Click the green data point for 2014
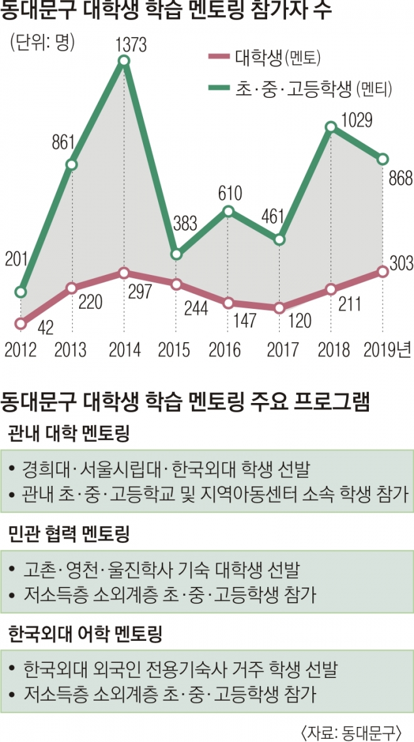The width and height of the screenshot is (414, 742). coord(124,61)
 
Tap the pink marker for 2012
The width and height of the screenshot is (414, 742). coord(21,324)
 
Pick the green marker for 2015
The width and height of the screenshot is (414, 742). coord(177,254)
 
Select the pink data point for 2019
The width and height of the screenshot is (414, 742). coord(382,272)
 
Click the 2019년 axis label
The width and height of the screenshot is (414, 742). coord(388,350)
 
